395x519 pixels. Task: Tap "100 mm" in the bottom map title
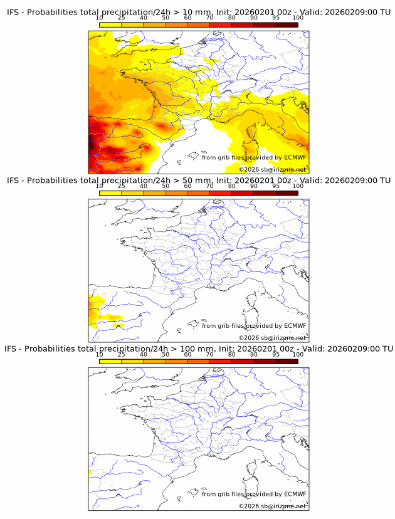(200, 349)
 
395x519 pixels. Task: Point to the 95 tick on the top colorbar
(276, 18)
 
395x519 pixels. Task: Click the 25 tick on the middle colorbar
(121, 186)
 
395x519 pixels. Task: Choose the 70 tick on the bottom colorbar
(209, 355)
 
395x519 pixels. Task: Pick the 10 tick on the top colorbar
(99, 18)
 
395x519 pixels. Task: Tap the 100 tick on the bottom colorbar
(298, 355)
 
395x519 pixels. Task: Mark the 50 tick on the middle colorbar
(166, 186)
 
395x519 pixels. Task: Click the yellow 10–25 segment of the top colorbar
(110, 24)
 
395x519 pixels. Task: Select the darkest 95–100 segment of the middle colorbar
(287, 193)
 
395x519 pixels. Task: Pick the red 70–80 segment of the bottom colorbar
(221, 362)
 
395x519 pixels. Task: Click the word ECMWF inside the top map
(295, 157)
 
